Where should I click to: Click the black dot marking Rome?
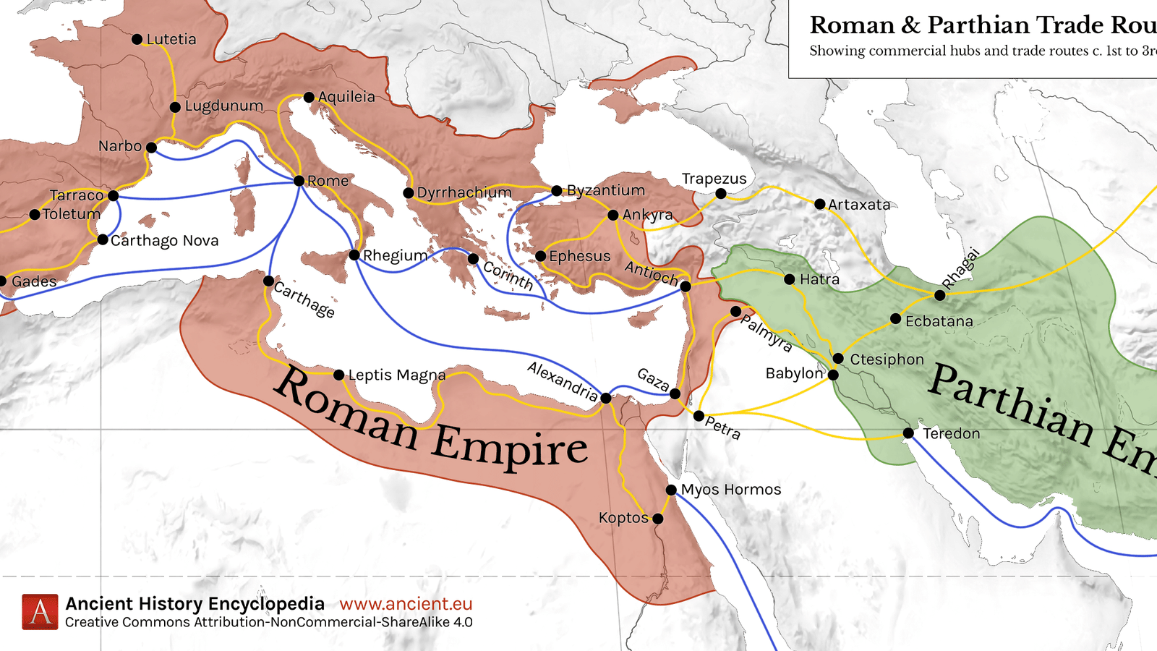click(299, 181)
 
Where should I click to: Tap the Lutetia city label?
click(171, 39)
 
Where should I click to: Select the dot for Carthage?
click(268, 281)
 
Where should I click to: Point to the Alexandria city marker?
click(606, 398)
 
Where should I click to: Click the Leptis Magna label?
click(397, 375)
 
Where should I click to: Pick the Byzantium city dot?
click(556, 191)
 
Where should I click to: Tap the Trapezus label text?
click(714, 179)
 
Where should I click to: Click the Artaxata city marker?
click(819, 205)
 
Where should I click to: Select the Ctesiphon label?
click(887, 359)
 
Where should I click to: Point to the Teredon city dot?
click(908, 433)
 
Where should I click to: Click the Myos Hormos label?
click(731, 490)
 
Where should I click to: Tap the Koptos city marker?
click(657, 519)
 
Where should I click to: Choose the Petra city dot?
click(699, 416)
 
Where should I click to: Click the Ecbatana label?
click(939, 321)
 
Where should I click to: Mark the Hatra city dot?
click(790, 279)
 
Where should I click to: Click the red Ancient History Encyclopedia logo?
click(40, 612)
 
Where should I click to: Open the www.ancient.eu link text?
click(406, 604)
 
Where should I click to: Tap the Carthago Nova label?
click(164, 241)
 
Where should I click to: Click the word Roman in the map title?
click(852, 25)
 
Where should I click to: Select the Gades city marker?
click(2, 281)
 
